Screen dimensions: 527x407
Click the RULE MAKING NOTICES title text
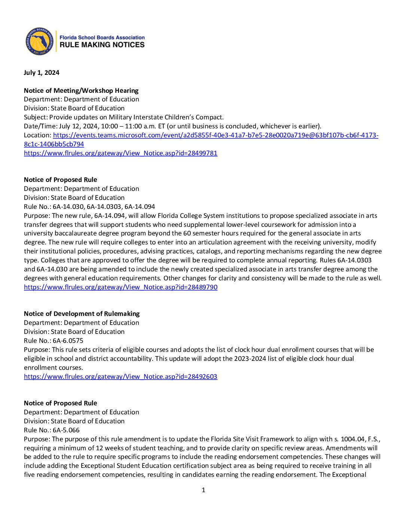[102, 45]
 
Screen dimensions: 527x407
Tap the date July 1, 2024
[42, 73]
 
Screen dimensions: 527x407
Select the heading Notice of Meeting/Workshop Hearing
[81, 91]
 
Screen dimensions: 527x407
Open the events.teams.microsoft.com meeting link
[215, 135]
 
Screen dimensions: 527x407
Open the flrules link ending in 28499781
[120, 153]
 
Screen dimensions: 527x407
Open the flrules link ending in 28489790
[120, 287]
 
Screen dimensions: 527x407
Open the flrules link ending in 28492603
[120, 377]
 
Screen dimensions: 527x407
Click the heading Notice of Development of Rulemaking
[82, 314]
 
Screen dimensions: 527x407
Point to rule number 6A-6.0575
[68, 341]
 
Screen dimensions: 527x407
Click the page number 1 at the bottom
[203, 490]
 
